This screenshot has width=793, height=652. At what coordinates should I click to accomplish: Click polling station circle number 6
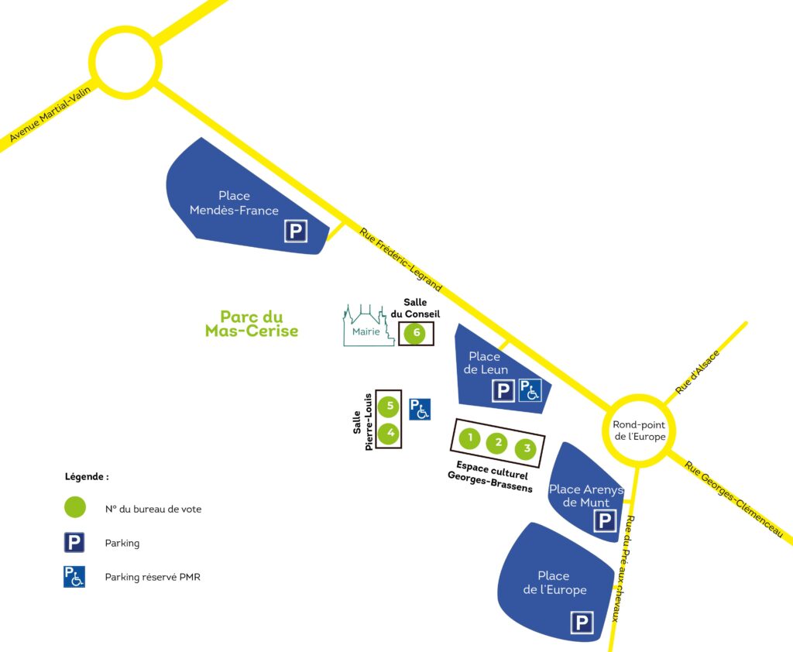[416, 334]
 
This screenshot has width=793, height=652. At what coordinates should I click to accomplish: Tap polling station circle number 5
[390, 405]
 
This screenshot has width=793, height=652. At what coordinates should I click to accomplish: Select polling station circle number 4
[390, 433]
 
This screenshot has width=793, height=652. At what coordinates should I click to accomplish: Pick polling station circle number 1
[469, 438]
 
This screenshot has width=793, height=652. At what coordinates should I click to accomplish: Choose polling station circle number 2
[498, 443]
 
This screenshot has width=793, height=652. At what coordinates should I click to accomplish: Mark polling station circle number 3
[527, 448]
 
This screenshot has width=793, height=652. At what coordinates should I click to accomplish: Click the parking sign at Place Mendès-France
[295, 231]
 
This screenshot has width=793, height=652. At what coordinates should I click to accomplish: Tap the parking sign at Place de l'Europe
[581, 623]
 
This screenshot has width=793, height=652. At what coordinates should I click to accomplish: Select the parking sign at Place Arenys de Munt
[605, 521]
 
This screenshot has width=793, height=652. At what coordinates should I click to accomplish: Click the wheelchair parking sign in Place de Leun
[530, 390]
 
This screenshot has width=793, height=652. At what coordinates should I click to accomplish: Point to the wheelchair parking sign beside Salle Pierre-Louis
[420, 408]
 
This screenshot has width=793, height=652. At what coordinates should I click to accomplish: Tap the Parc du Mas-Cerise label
[252, 324]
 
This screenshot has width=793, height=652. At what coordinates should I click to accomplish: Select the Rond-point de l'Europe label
[639, 430]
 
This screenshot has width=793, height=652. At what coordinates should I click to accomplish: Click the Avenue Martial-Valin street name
[50, 115]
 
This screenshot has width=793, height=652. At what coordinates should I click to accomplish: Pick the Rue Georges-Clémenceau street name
[739, 498]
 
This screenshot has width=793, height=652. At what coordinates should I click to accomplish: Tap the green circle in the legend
[75, 508]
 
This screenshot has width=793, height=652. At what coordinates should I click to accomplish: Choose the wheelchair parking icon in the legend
[74, 577]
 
